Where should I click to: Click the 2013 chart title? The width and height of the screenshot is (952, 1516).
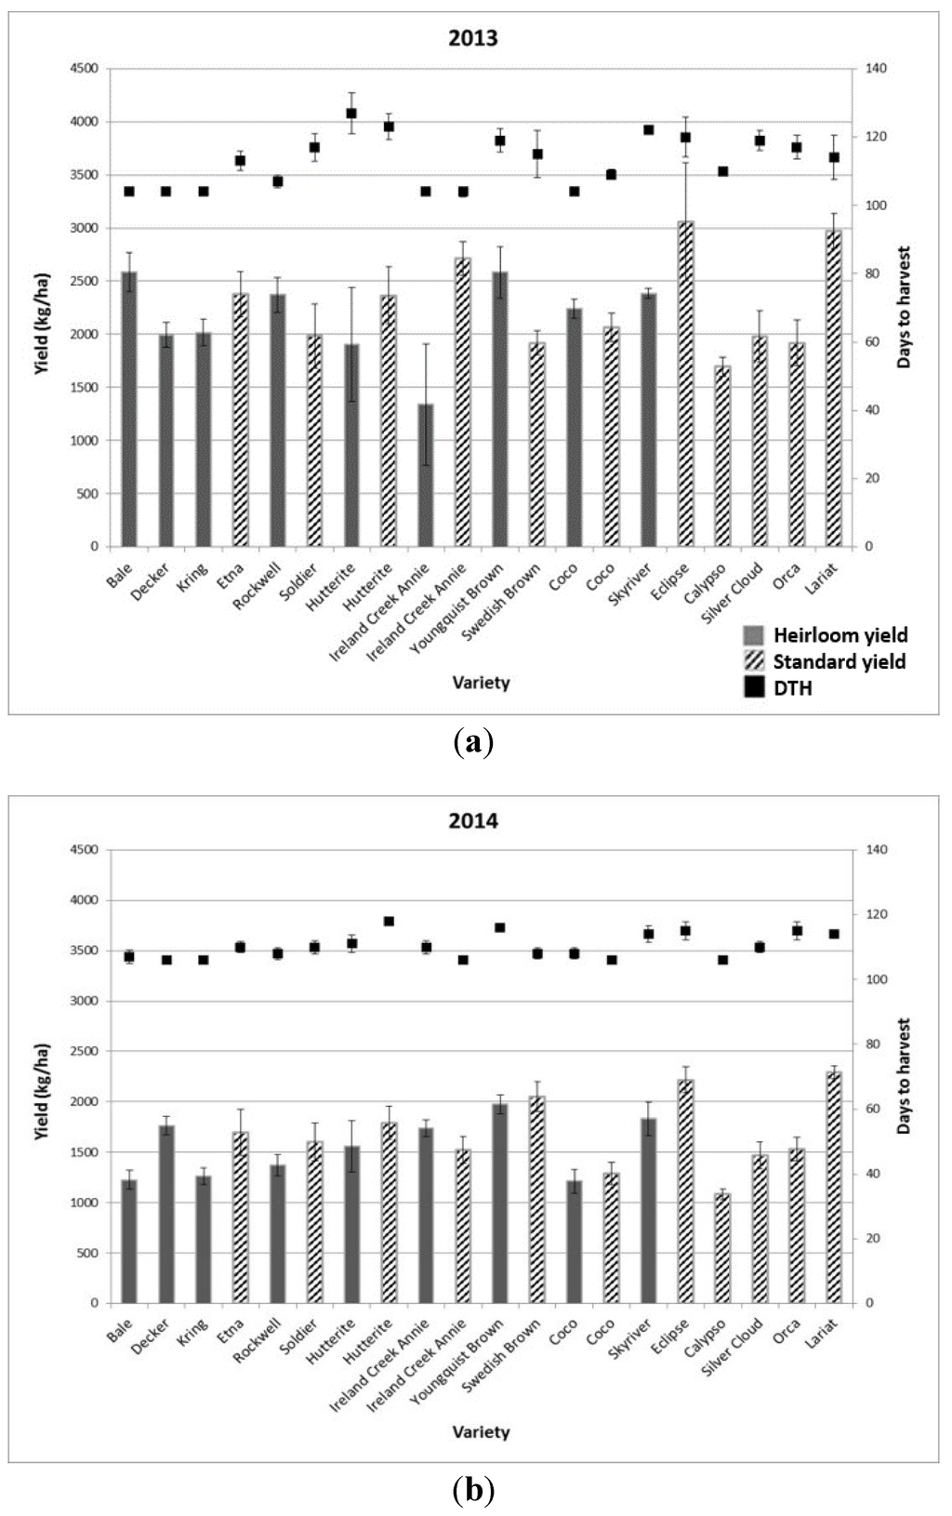tap(473, 38)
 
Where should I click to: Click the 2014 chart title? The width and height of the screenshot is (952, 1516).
tap(473, 820)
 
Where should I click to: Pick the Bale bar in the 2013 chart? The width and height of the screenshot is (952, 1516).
tap(129, 409)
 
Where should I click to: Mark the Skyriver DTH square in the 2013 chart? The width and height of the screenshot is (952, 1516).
tap(649, 130)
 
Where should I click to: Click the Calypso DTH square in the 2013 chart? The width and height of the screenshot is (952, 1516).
tap(722, 171)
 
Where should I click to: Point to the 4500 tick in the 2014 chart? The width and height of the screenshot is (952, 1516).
tap(86, 850)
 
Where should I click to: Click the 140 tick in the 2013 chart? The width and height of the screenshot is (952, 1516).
tap(877, 69)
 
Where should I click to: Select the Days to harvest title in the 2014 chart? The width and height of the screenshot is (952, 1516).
tap(904, 1075)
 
